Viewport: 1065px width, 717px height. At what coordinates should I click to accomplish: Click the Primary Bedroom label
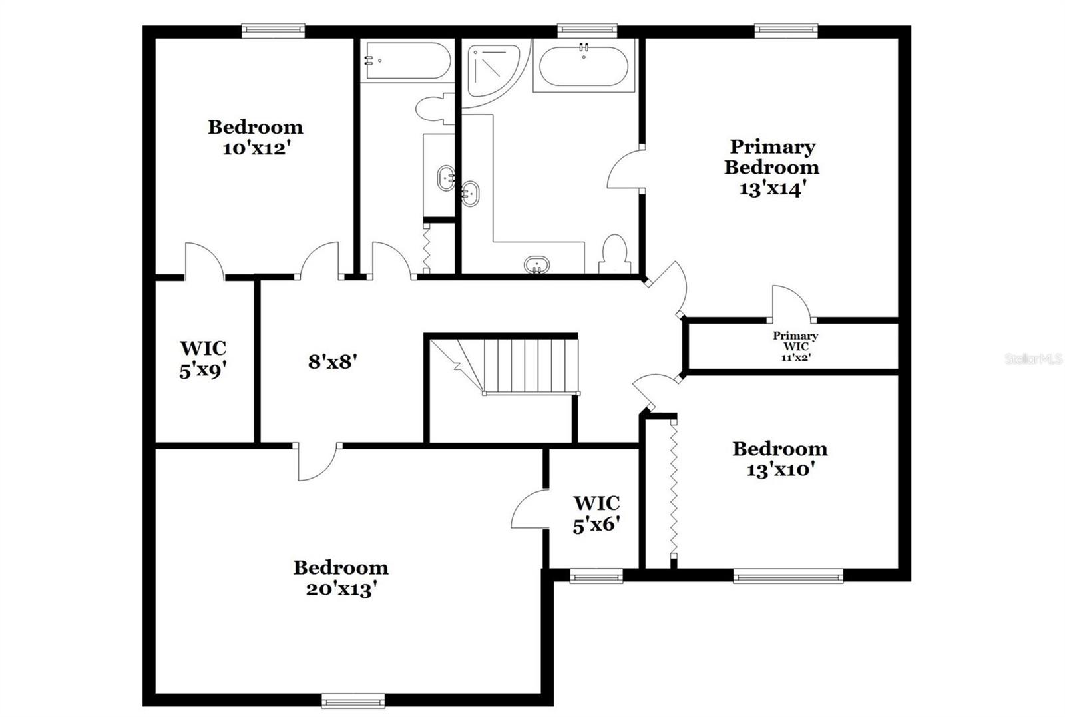click(771, 158)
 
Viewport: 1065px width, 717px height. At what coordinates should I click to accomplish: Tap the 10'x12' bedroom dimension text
click(256, 148)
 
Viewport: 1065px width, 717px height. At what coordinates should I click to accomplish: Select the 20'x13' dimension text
click(341, 589)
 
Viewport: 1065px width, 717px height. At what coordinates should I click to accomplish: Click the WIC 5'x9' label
click(203, 359)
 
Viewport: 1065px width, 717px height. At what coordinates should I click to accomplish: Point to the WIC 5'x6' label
click(596, 514)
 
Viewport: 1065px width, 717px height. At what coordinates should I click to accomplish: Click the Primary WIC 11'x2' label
click(795, 346)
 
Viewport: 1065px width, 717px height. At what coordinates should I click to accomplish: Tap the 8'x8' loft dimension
click(333, 362)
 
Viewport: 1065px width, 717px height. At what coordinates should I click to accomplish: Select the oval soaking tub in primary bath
click(584, 65)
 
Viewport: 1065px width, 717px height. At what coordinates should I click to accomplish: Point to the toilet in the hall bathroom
click(434, 109)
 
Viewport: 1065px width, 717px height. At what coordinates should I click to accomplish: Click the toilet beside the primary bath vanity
click(614, 255)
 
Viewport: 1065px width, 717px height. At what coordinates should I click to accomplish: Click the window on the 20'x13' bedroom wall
click(353, 700)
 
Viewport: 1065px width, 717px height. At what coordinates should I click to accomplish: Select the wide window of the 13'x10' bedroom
click(787, 576)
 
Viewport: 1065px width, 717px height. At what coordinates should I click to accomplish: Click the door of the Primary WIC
click(790, 303)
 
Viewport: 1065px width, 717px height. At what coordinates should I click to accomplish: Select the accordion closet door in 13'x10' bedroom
click(674, 490)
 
